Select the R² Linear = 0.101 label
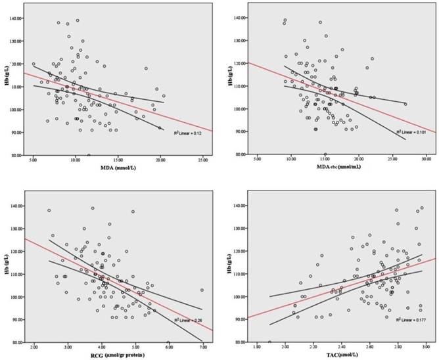click(411, 132)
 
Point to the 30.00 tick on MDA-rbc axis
click(425, 159)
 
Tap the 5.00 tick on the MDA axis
click(34, 159)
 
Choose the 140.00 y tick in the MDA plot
click(15, 19)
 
